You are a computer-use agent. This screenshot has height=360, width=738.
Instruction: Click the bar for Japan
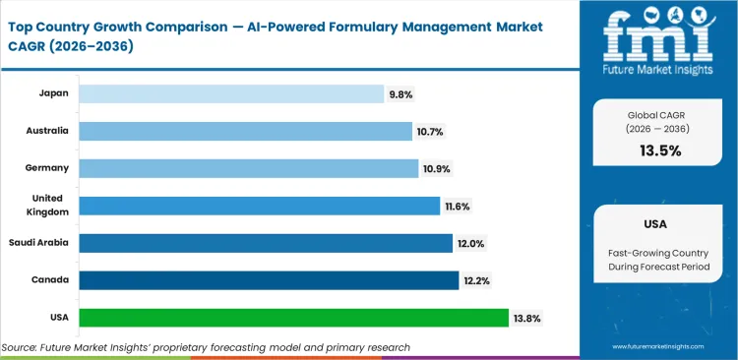231,93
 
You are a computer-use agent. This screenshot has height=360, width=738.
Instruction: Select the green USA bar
293,318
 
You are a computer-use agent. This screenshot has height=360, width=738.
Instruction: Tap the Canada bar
268,280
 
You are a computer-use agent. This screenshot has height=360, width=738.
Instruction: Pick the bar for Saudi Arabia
266,243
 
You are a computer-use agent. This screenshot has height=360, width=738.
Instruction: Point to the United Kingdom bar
259,206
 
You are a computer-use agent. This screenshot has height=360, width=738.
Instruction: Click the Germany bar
248,168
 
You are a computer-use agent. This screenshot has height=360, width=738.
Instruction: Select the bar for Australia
245,131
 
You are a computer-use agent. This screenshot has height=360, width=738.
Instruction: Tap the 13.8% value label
527,318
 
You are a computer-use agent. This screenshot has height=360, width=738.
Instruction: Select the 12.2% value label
477,280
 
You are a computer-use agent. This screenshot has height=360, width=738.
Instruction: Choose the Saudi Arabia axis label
40,243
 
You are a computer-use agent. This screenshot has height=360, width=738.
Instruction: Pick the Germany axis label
47,168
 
